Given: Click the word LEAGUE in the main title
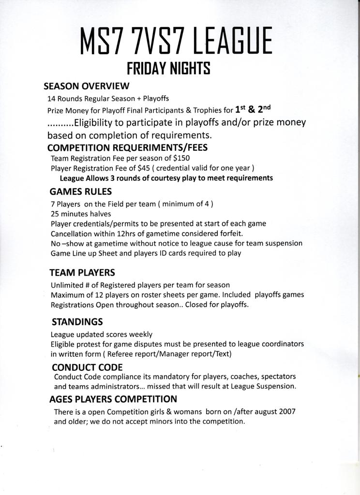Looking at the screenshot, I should pyautogui.click(x=233, y=43).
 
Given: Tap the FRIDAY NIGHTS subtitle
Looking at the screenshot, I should pyautogui.click(x=168, y=69).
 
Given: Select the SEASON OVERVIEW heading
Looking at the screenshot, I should pyautogui.click(x=87, y=86).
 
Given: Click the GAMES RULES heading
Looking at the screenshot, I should pyautogui.click(x=81, y=191).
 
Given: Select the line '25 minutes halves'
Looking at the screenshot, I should pyautogui.click(x=81, y=214).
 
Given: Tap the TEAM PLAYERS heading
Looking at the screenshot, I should pyautogui.click(x=82, y=273).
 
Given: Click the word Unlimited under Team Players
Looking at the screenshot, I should pyautogui.click(x=67, y=285).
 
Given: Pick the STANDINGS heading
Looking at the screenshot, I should pyautogui.click(x=77, y=321).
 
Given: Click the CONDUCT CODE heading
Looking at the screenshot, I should pyautogui.click(x=87, y=367).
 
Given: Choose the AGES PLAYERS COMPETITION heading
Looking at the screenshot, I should pyautogui.click(x=113, y=399).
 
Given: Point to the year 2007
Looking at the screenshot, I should pyautogui.click(x=286, y=411).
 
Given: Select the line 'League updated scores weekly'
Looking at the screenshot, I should pyautogui.click(x=102, y=334).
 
